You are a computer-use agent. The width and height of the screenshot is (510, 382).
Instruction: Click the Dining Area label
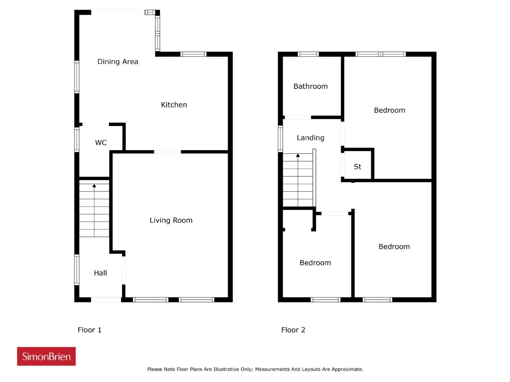pos(118,62)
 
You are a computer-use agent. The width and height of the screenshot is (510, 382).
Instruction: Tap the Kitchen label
pos(174,105)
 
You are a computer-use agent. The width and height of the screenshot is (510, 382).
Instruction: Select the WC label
pos(101,142)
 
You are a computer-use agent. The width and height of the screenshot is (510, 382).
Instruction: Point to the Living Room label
pos(171,220)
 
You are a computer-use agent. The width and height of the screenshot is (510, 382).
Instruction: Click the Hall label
pos(100,273)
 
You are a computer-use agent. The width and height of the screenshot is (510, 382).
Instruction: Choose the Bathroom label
pos(310,86)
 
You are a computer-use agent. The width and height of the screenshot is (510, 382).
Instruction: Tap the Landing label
pos(310,138)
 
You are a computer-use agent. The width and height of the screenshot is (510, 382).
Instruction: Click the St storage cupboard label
pos(357,167)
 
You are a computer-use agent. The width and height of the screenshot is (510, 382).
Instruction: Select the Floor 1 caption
pos(90,330)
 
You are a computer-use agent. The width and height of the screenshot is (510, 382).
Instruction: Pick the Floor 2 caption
pos(293,330)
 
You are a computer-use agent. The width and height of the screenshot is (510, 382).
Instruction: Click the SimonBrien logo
pos(46,356)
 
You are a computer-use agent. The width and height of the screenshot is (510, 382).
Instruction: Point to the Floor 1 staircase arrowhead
pos(94,186)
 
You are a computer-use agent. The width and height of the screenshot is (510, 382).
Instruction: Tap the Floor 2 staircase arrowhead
pos(298,156)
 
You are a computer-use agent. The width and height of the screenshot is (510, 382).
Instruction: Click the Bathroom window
pos(308,54)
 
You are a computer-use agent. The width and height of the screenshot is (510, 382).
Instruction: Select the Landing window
pos(280,139)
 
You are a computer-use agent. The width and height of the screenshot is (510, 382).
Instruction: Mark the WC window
pos(76,140)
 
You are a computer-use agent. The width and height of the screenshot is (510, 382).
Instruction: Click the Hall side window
pos(76,270)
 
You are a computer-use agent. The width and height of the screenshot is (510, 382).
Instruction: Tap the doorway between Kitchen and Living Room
pos(167,152)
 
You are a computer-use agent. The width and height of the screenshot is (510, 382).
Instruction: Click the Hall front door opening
pos(106,299)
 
